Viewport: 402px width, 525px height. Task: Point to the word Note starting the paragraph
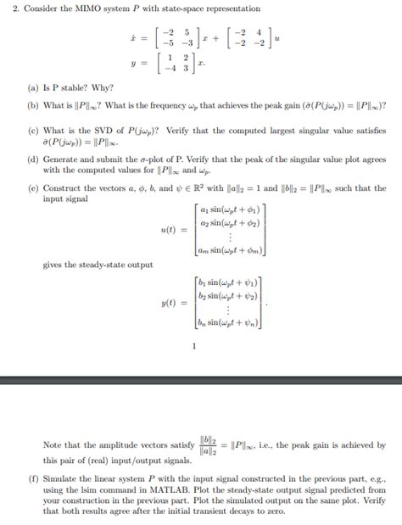53,444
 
